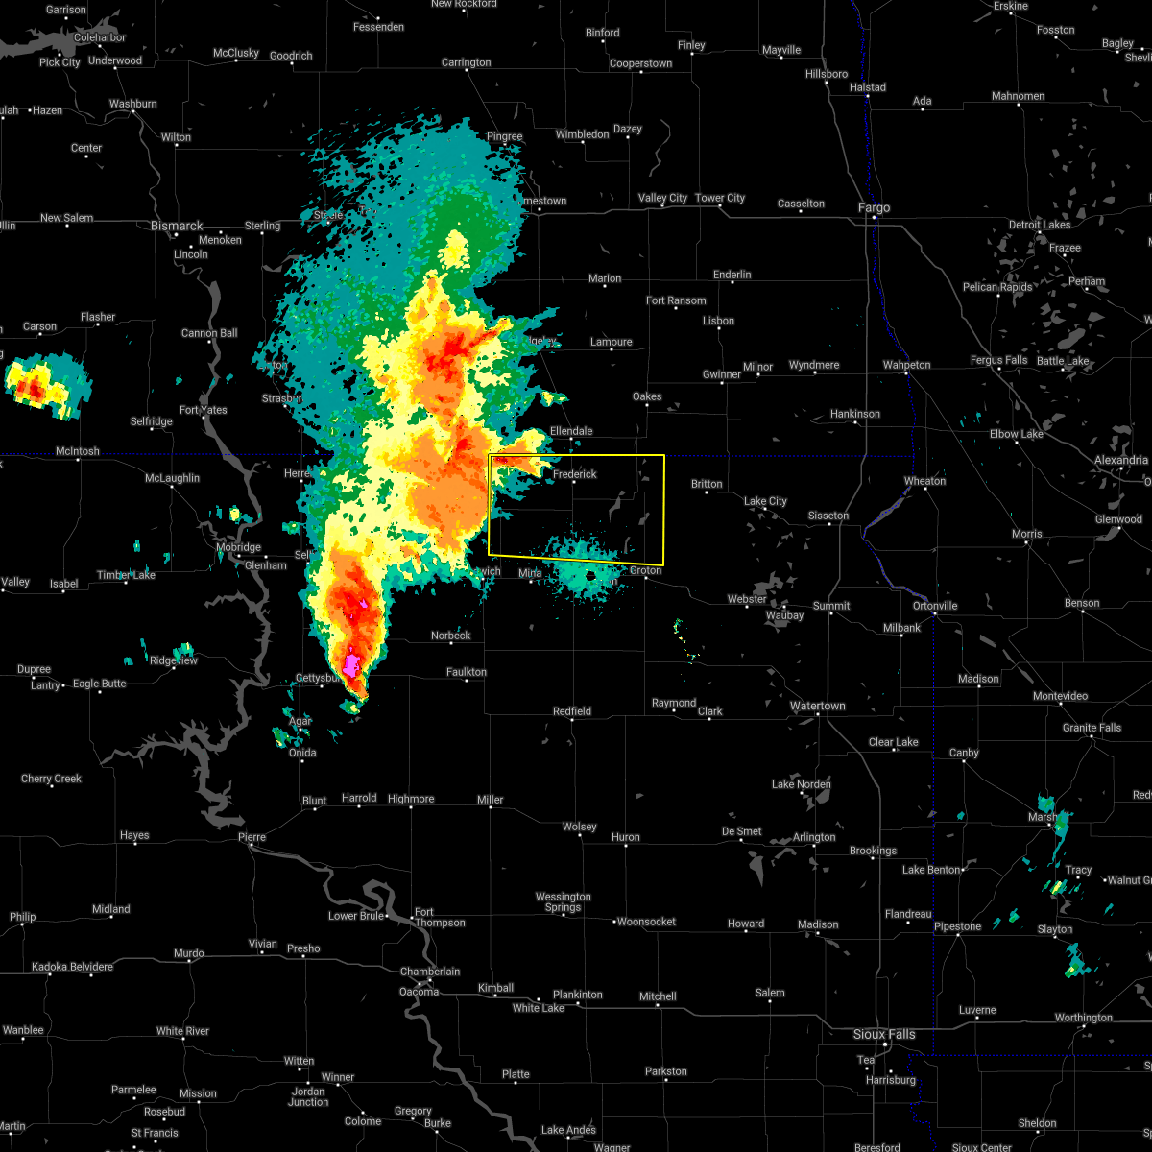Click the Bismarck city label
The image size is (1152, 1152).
pyautogui.click(x=177, y=226)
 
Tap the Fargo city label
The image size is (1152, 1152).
pyautogui.click(x=874, y=207)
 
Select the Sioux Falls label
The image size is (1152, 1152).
pyautogui.click(x=884, y=1034)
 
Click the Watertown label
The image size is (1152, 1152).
pyautogui.click(x=817, y=706)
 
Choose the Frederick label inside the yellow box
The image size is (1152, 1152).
pyautogui.click(x=575, y=474)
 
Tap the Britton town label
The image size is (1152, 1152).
pyautogui.click(x=707, y=484)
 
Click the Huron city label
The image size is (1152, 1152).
pyautogui.click(x=625, y=837)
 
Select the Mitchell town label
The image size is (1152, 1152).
pyautogui.click(x=658, y=996)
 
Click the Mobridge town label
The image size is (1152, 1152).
pyautogui.click(x=238, y=547)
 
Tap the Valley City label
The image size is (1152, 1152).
pyautogui.click(x=662, y=198)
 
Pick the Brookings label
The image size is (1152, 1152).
pyautogui.click(x=873, y=851)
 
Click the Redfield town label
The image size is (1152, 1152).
pyautogui.click(x=572, y=711)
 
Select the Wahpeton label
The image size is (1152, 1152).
pyautogui.click(x=906, y=365)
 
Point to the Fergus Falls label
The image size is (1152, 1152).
pyautogui.click(x=998, y=360)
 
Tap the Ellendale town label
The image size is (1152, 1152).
pyautogui.click(x=571, y=431)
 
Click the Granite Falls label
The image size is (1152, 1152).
pyautogui.click(x=1092, y=728)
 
